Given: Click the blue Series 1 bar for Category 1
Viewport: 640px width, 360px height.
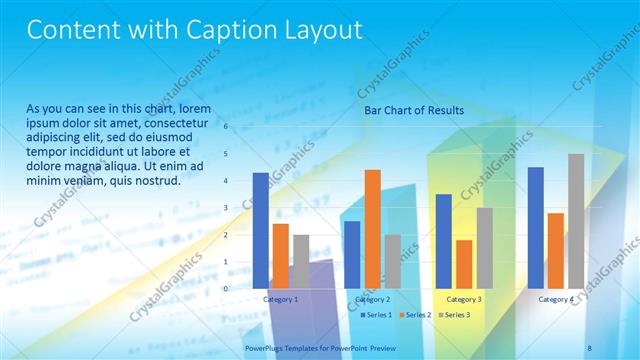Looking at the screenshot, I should click(261, 230).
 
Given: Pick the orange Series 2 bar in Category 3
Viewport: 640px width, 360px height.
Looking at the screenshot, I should click(464, 264).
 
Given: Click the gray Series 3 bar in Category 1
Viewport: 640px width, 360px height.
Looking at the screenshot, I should click(301, 261).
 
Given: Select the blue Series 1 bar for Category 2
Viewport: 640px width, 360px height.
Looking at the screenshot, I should click(352, 254).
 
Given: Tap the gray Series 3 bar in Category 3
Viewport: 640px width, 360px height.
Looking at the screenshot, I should click(484, 247).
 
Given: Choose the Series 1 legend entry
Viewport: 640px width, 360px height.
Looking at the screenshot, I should click(376, 315).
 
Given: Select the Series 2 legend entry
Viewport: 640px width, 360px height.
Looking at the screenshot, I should click(416, 315).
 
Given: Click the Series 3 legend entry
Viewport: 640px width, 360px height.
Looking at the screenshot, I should click(455, 315).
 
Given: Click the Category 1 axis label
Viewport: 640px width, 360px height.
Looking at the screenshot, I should click(281, 299).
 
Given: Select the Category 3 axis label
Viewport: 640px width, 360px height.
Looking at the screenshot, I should click(464, 299).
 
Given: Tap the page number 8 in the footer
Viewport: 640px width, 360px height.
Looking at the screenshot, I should click(589, 348).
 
